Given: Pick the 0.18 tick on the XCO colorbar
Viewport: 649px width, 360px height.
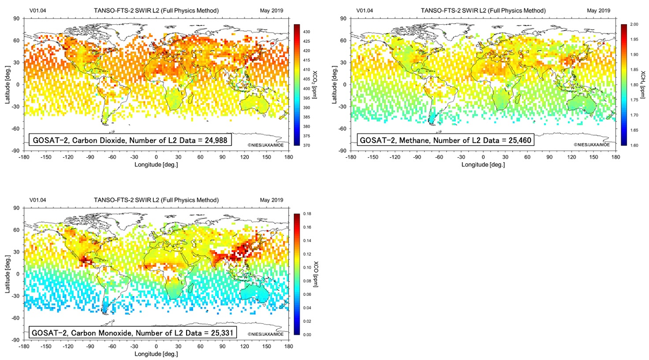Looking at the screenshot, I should tap(307, 215).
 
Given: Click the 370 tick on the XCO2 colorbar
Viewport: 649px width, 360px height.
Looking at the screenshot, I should tap(306, 145).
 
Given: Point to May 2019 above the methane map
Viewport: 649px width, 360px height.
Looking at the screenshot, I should tap(599, 11).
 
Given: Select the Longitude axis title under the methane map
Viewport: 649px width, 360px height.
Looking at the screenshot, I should tap(483, 164).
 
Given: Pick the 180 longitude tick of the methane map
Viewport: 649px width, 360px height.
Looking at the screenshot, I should tap(615, 157).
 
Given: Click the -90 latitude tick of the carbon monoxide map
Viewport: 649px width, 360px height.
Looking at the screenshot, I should tap(16, 339).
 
